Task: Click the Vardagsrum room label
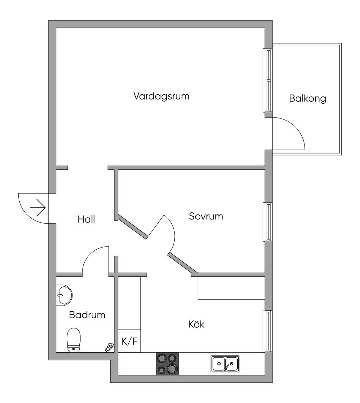click(161, 96)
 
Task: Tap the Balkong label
click(307, 98)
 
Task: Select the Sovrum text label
click(206, 216)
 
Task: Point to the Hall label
click(86, 219)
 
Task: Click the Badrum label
click(87, 315)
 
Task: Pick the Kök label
click(196, 324)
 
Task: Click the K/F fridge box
click(129, 341)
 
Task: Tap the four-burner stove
click(167, 364)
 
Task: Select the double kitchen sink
click(225, 364)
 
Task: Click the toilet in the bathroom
click(74, 340)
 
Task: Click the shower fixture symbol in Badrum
click(109, 347)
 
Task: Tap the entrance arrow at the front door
click(38, 208)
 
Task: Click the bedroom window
click(268, 222)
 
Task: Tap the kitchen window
click(268, 331)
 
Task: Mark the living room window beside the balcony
click(268, 80)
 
